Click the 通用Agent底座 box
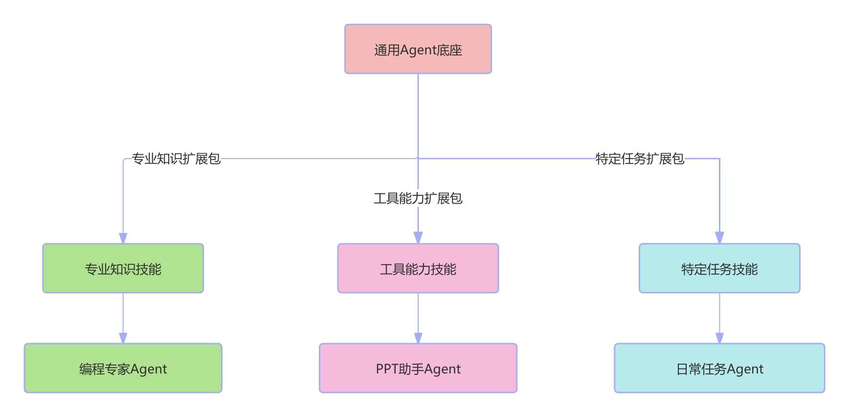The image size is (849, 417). (x=418, y=49)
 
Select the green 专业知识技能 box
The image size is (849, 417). (x=123, y=268)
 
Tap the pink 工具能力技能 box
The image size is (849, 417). (x=418, y=268)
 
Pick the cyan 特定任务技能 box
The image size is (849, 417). (x=719, y=268)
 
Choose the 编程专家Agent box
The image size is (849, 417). (x=123, y=368)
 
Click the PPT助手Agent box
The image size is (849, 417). (x=418, y=368)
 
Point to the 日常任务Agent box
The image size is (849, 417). (x=719, y=368)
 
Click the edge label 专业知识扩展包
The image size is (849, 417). (x=176, y=159)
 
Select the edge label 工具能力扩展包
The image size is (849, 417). (x=418, y=198)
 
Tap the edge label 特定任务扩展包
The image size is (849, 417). (x=640, y=159)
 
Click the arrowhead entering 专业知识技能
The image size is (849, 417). (x=123, y=238)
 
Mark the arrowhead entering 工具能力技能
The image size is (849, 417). (x=418, y=238)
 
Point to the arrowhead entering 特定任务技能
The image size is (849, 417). (x=719, y=238)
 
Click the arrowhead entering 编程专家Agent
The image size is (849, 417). (x=123, y=338)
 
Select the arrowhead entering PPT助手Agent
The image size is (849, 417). (x=418, y=338)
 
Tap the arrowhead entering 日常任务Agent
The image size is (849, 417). (x=719, y=338)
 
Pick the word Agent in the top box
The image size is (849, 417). (x=418, y=50)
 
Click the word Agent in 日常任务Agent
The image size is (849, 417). (x=745, y=369)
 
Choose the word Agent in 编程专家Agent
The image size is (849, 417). (x=149, y=369)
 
